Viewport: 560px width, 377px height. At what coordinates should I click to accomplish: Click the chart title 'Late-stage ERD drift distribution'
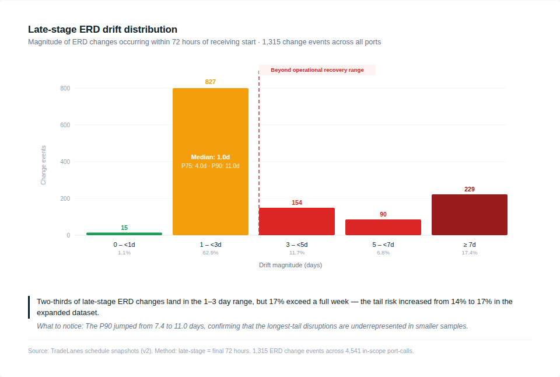pos(103,29)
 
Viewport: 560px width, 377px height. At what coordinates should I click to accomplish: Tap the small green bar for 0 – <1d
pos(124,233)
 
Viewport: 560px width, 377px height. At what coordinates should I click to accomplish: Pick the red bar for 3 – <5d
pos(297,221)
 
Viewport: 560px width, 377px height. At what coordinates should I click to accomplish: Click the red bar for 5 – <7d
pos(383,227)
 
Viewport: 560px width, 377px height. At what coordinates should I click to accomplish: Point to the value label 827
pos(211,82)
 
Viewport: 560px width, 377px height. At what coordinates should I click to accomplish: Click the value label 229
pos(470,189)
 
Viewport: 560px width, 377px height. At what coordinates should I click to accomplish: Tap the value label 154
pos(297,203)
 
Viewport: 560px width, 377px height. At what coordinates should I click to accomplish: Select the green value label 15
pos(124,228)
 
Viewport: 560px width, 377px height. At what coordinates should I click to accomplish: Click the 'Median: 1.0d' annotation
pos(211,157)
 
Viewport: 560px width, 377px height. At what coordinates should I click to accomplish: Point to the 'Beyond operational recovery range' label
pos(317,70)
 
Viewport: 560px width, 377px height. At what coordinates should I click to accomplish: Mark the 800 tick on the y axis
pos(65,89)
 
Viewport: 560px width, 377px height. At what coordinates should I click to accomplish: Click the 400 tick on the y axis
pos(65,162)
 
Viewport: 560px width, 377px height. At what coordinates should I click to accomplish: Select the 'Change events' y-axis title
pos(43,165)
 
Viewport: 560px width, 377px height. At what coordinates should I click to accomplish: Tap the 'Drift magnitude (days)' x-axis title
pos(290,265)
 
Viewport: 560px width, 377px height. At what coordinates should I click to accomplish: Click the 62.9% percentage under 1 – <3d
pos(211,253)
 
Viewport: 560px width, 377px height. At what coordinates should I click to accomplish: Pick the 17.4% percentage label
pos(470,253)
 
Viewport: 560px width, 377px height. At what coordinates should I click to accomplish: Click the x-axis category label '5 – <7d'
pos(383,245)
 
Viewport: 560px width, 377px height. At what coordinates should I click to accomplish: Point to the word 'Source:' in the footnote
pos(38,351)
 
